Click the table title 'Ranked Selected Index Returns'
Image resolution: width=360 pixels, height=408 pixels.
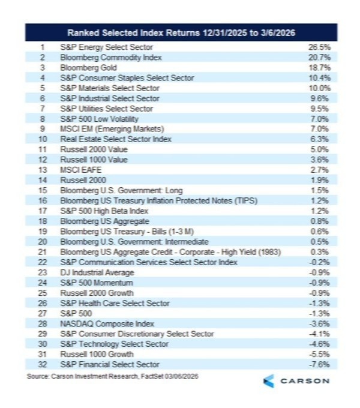[181, 32]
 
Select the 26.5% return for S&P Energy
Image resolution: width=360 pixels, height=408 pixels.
[322, 47]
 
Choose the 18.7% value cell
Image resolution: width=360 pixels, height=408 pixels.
[322, 67]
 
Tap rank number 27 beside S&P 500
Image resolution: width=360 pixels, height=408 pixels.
[42, 313]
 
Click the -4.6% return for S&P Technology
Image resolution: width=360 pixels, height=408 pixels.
[322, 344]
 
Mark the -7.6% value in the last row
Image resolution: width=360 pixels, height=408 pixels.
[322, 364]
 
